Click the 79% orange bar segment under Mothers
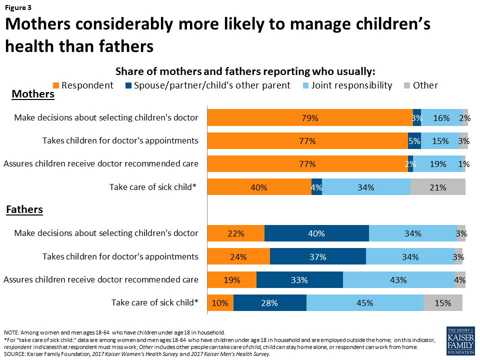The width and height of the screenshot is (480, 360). (x=310, y=118)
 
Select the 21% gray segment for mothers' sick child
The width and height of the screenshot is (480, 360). (x=438, y=187)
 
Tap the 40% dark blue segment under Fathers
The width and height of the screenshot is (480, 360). (x=316, y=233)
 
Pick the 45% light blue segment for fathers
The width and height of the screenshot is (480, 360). (x=365, y=303)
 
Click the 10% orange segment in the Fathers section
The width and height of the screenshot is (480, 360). (x=220, y=303)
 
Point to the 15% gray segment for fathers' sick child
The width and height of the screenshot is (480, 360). (x=443, y=303)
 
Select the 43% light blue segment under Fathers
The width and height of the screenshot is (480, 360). (x=398, y=280)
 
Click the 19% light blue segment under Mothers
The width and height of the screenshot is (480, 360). (x=437, y=164)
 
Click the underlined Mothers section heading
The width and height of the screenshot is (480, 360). (x=32, y=94)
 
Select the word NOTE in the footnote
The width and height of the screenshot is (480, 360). (x=10, y=332)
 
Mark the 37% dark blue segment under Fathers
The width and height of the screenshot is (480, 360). (x=317, y=257)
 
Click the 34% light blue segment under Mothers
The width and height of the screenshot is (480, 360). (x=366, y=187)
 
